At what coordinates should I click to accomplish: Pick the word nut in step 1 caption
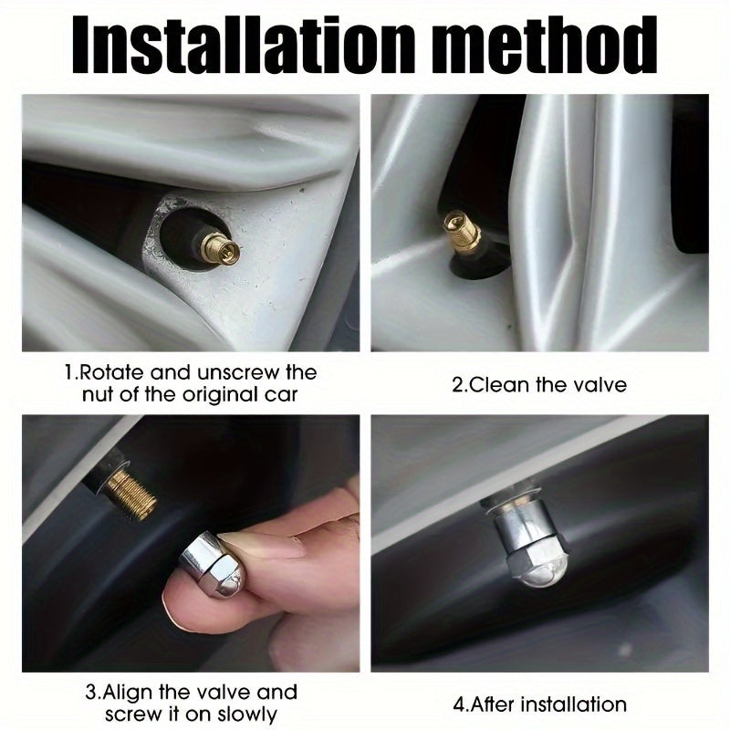click(x=98, y=394)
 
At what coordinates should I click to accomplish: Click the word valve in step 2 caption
click(x=601, y=384)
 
